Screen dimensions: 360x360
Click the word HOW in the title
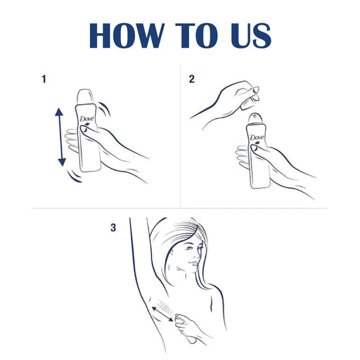(126, 35)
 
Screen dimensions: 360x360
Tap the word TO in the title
(196, 35)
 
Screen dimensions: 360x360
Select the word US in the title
(251, 35)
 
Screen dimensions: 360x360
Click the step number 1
(44, 79)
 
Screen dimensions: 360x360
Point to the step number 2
(192, 79)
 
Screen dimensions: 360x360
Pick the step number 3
(113, 228)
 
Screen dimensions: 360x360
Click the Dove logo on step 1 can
(86, 120)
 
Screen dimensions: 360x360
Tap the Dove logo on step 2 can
(257, 138)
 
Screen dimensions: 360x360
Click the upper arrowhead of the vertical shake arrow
(59, 112)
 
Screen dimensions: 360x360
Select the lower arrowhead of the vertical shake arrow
(62, 162)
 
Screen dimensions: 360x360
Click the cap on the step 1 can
(85, 97)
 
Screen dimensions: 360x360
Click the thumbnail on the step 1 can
(83, 129)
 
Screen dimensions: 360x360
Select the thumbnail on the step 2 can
(254, 148)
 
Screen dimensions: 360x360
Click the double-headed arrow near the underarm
(162, 314)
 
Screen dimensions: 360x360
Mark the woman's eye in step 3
(188, 248)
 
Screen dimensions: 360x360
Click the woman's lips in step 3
(194, 263)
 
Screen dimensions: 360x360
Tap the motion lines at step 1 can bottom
(74, 176)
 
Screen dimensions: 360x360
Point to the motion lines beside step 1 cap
(105, 109)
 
